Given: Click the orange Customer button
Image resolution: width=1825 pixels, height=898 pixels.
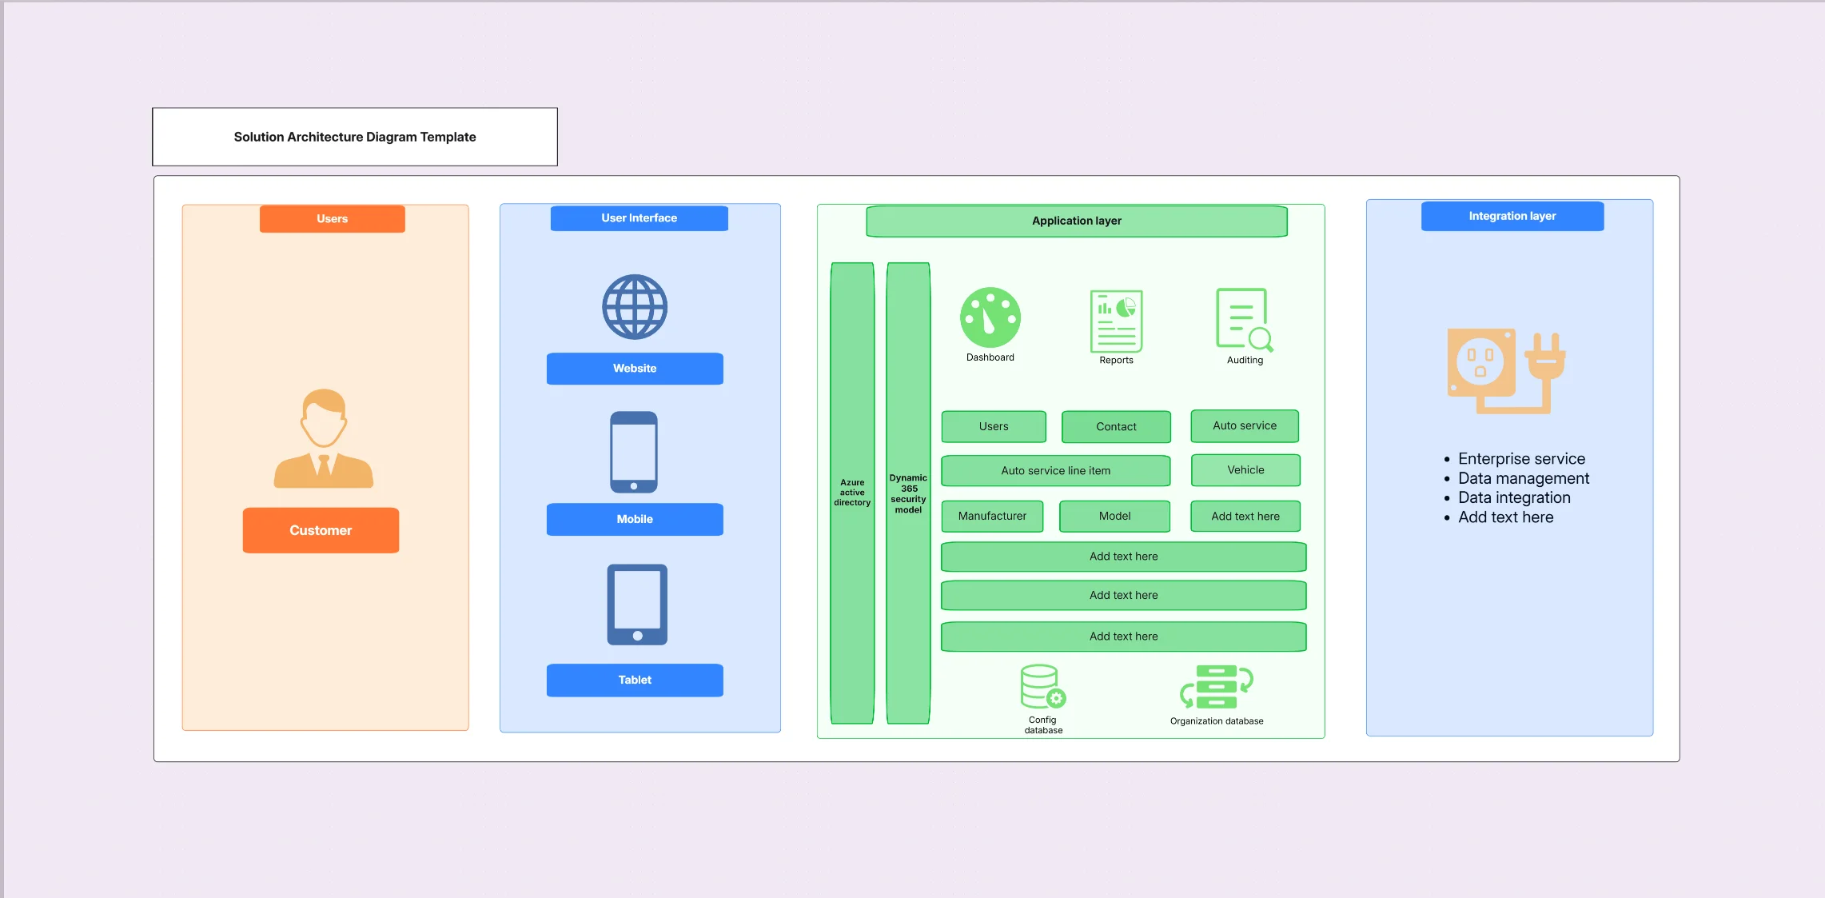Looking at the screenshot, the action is click(321, 530).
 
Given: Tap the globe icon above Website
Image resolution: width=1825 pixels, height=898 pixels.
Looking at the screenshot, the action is click(635, 307).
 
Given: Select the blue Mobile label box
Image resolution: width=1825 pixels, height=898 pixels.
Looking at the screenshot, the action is click(635, 519).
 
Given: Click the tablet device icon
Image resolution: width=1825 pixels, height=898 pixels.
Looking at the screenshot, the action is click(637, 605).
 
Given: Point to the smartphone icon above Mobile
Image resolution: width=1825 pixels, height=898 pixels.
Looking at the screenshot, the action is click(634, 452).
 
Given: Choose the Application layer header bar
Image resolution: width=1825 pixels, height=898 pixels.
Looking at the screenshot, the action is click(1077, 221).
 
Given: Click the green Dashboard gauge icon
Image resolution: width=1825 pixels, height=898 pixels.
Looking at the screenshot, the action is click(990, 317).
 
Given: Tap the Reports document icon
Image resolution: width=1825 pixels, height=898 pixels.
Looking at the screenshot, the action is click(1116, 321).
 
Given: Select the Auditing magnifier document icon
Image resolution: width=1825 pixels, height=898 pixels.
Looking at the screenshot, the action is click(1245, 320).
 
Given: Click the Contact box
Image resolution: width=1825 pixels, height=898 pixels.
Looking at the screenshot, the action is click(1116, 426).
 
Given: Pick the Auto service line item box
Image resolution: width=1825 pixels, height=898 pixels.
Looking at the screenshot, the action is click(1056, 470).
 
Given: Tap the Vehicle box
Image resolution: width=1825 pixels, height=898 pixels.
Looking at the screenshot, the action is click(1245, 469).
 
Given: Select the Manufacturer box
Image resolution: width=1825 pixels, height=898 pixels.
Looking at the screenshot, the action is click(992, 516).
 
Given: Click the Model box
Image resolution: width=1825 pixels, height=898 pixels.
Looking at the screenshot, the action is click(1114, 516).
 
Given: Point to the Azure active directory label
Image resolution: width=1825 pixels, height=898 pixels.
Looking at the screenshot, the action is click(852, 493).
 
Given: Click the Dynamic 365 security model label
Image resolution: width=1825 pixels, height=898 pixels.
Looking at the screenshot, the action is click(908, 493).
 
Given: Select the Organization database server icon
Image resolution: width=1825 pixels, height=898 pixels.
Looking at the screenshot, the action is click(1217, 687).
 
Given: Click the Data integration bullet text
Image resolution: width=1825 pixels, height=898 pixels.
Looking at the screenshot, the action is click(1514, 497).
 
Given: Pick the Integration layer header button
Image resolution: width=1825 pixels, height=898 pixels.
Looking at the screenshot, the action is click(1512, 216).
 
